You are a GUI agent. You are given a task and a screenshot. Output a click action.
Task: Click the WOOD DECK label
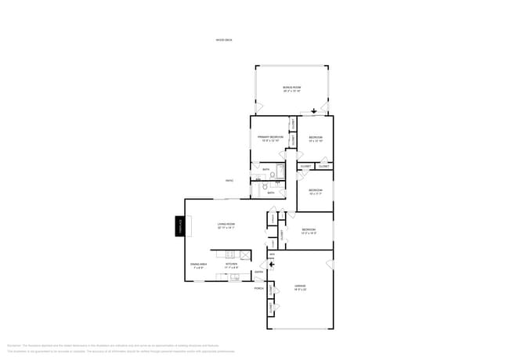[x=225, y=40]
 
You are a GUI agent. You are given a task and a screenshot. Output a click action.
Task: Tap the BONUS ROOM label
[x=292, y=88]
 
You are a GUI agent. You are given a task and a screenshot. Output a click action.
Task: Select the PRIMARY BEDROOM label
[x=270, y=139]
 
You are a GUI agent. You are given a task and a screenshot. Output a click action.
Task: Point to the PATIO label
[x=229, y=181]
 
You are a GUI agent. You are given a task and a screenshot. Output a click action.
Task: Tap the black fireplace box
[x=179, y=227]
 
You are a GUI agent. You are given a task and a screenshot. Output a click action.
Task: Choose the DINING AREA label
[x=198, y=265]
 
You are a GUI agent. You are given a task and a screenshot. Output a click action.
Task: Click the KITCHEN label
[x=232, y=265]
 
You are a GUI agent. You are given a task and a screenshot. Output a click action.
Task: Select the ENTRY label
[x=258, y=272]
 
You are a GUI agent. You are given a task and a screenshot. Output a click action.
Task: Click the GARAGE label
[x=299, y=286]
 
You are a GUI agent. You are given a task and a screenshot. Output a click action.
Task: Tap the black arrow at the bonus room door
[x=314, y=111]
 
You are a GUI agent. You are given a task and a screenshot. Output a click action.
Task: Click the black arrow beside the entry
[x=271, y=265]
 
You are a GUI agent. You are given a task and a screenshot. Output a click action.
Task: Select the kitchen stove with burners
[x=229, y=254]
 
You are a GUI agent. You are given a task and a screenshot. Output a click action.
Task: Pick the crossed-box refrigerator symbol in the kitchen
[x=244, y=255]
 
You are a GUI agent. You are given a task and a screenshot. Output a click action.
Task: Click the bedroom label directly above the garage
[x=309, y=231]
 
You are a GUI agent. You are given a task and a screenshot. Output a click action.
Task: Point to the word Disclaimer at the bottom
[x=13, y=345]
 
